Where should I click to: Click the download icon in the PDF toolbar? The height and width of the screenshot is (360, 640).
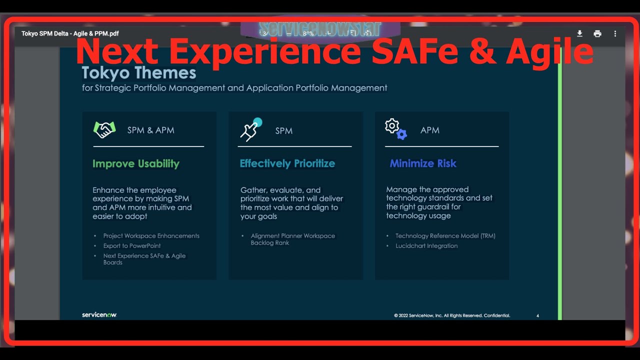[579, 33]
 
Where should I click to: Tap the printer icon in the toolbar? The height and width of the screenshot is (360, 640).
[597, 33]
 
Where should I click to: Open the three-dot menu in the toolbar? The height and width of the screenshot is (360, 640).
[615, 33]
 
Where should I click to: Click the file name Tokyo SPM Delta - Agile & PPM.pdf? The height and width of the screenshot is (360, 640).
[70, 33]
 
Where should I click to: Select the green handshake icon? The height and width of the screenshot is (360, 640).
[104, 130]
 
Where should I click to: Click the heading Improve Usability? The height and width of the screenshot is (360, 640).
[135, 163]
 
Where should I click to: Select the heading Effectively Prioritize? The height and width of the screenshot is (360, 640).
[287, 163]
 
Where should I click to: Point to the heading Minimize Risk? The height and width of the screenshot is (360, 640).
[423, 163]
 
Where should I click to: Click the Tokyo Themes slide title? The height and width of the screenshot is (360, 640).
[138, 73]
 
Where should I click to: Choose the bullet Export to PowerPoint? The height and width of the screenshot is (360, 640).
[132, 246]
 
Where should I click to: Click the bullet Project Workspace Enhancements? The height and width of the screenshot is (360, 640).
[151, 236]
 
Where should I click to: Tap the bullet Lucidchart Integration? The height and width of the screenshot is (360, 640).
[426, 246]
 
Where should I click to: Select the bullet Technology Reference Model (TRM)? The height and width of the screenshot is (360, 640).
[445, 236]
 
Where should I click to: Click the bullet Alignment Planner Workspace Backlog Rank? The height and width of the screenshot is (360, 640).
[292, 239]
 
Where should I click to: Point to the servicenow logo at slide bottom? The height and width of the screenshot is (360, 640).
[99, 315]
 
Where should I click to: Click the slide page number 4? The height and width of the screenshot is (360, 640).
[537, 316]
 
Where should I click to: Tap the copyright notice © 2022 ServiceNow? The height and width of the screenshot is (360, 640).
[452, 316]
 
